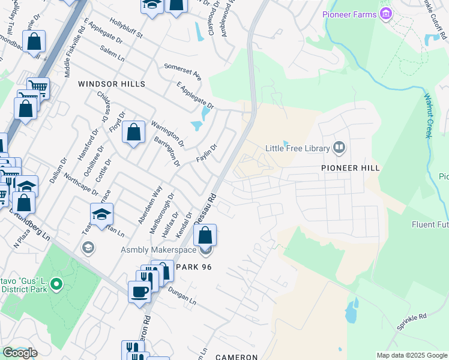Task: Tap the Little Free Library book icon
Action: (339, 148)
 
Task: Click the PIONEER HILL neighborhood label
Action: (351, 168)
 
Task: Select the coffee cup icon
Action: (140, 292)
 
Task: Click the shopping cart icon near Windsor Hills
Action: (38, 88)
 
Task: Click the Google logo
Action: (20, 353)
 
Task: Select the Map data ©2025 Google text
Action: (411, 355)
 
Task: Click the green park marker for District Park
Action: (56, 283)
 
